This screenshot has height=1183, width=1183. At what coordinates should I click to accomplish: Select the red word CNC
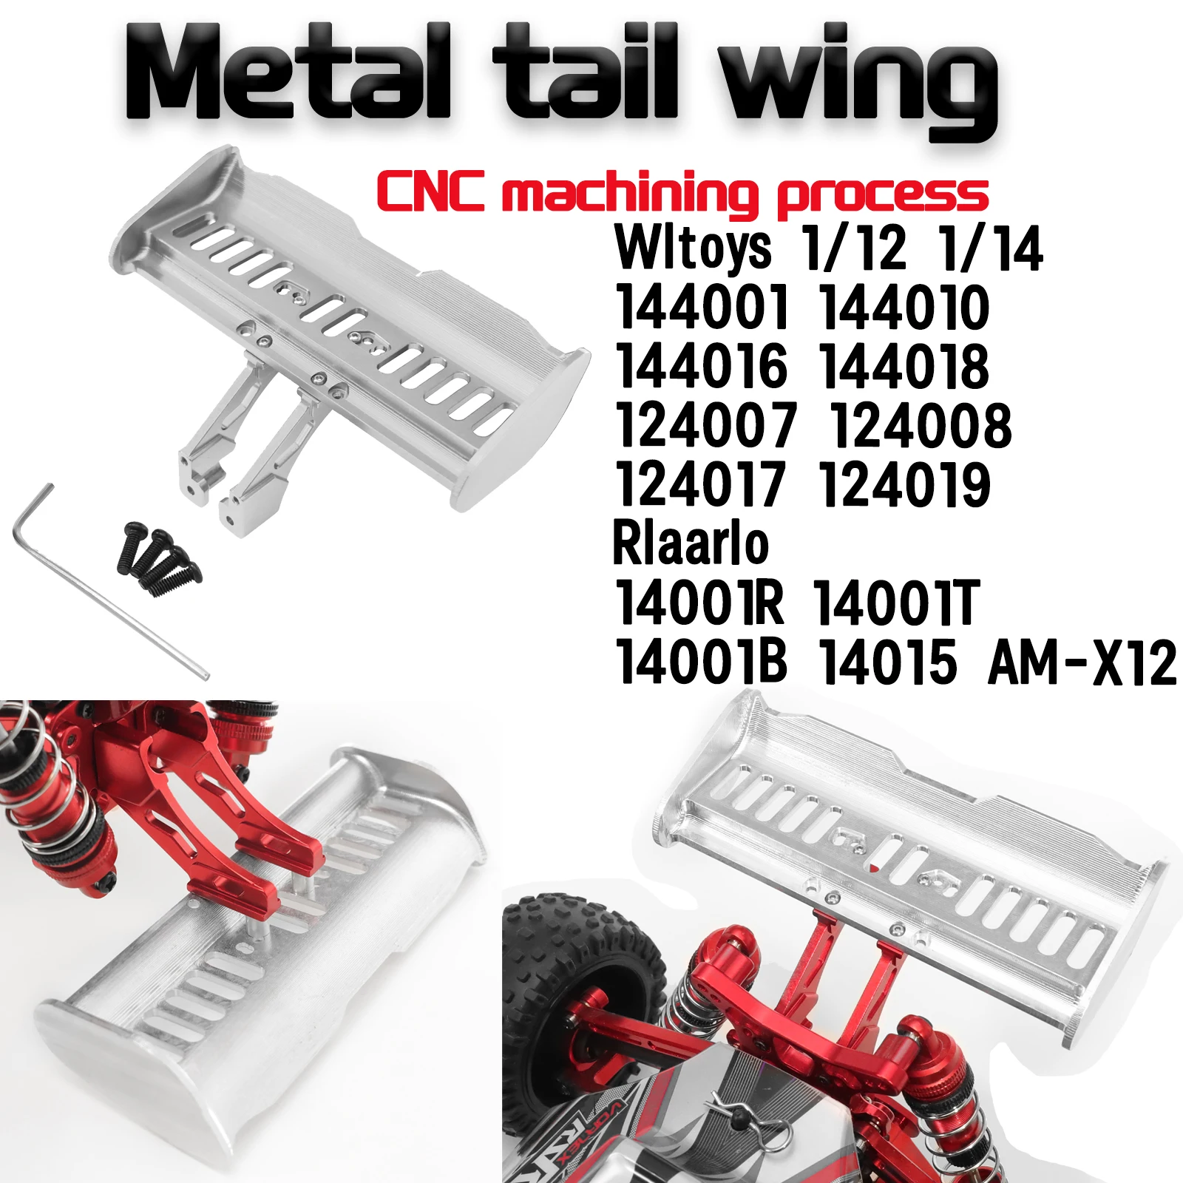[430, 191]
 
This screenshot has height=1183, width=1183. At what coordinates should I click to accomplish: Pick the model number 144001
[702, 308]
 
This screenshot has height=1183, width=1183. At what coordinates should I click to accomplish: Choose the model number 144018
[904, 367]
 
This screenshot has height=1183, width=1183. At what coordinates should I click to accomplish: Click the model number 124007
[706, 426]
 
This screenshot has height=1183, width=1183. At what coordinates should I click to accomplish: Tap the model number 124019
[904, 485]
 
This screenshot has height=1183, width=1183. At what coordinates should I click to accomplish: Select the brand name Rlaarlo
[691, 544]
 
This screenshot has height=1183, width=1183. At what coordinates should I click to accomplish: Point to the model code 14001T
[896, 603]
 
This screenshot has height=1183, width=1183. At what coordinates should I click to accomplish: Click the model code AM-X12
[1081, 662]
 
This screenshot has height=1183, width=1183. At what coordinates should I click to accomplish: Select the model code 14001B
[701, 662]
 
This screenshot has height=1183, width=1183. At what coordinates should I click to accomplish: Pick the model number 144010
[904, 308]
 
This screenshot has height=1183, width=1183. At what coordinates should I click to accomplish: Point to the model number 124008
[920, 426]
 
